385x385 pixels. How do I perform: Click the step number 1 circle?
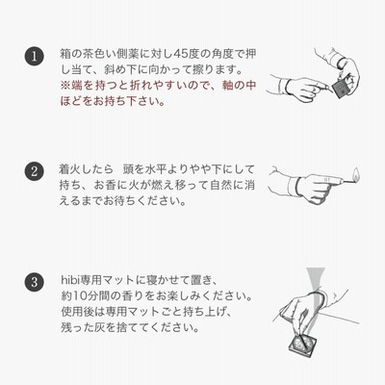tap(34, 56)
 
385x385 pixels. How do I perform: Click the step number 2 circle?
tap(34, 171)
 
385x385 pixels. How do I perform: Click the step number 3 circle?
tap(34, 283)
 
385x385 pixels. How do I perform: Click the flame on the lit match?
tap(355, 173)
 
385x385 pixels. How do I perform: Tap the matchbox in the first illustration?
tap(340, 88)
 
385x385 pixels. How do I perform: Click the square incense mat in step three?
tap(302, 343)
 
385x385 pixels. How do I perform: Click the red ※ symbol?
tap(65, 86)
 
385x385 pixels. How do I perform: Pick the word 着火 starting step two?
tap(71, 169)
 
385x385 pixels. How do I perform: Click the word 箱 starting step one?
tap(65, 54)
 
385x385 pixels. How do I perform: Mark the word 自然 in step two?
tap(221, 186)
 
